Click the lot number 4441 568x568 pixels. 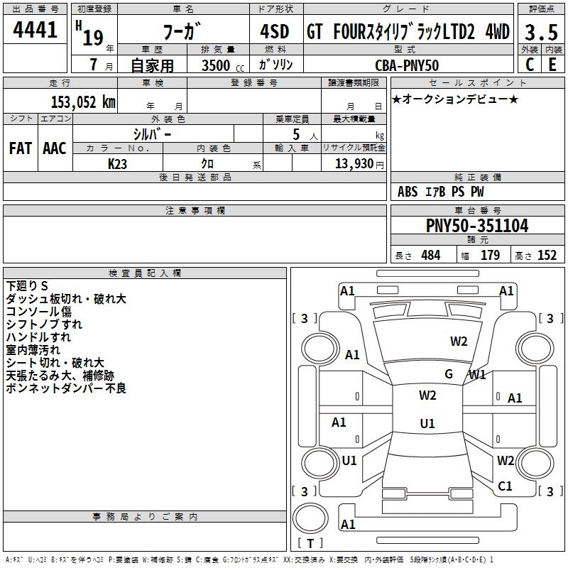tap(35, 31)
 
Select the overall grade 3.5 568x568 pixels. tap(540, 31)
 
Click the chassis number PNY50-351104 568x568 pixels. tap(477, 226)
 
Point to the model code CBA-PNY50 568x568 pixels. tap(406, 65)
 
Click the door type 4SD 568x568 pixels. tap(274, 31)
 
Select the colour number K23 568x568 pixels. tap(118, 163)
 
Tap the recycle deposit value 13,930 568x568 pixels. tap(352, 163)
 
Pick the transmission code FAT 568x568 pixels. tap(21, 148)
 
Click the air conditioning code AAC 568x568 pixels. tap(55, 148)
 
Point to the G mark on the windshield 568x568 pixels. tap(449, 374)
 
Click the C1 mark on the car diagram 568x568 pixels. tap(505, 486)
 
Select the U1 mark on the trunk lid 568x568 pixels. tap(427, 423)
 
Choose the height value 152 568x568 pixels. tap(547, 256)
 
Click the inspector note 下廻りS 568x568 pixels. tap(27, 286)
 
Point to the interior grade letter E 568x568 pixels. tap(552, 65)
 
